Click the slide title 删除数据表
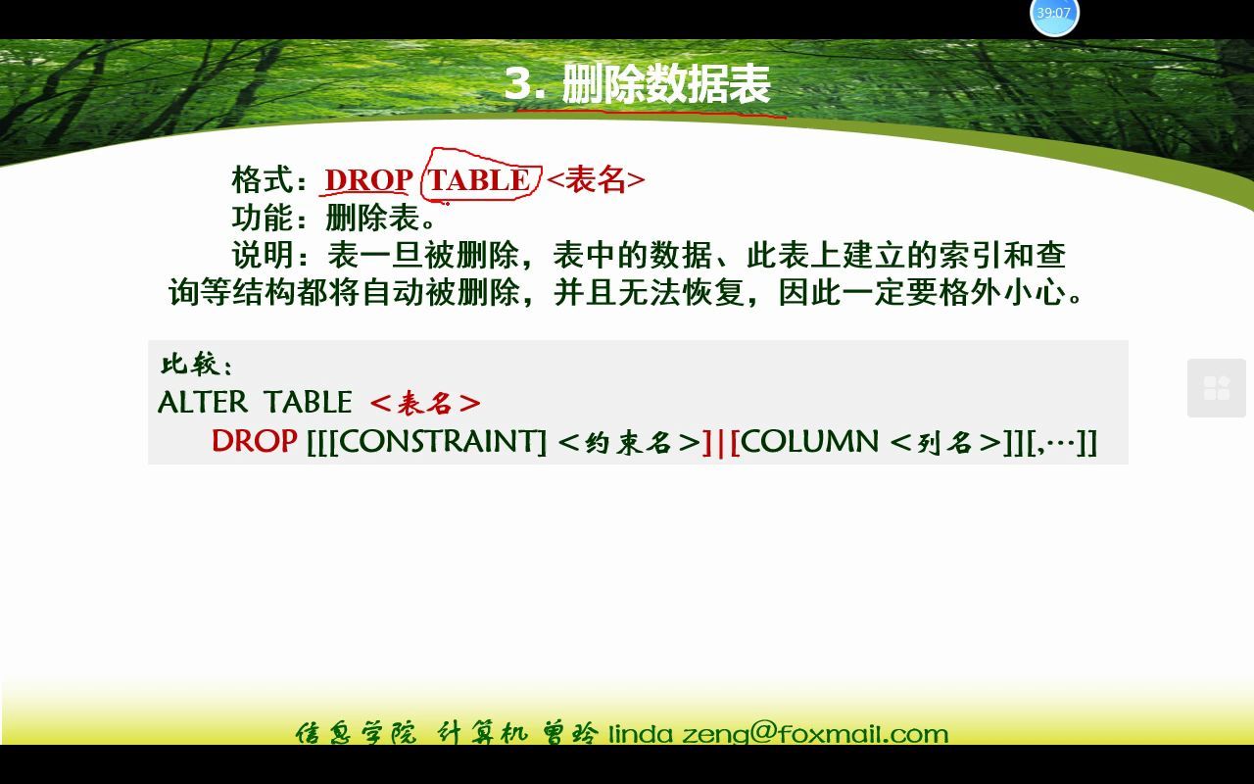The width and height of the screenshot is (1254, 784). (666, 84)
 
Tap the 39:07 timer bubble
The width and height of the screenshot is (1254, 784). (1054, 14)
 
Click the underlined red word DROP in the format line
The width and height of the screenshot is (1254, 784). (368, 180)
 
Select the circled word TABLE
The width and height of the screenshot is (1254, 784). (479, 180)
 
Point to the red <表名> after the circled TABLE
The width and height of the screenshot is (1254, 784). (596, 180)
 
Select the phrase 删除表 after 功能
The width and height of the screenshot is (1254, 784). (373, 218)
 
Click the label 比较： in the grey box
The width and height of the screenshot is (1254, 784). (197, 365)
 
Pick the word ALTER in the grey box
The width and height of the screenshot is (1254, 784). (203, 402)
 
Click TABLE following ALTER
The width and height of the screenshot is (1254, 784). (308, 402)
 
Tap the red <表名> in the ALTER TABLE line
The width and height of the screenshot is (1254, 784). (425, 403)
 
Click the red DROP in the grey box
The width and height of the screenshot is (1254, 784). (255, 441)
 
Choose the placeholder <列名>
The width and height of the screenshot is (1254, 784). (945, 442)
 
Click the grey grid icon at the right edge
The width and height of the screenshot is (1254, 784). (1217, 388)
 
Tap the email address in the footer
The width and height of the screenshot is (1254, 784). (779, 733)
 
